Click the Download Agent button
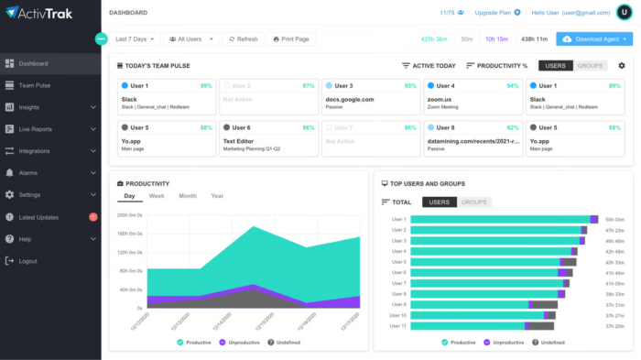pos(593,39)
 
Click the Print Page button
pos(290,39)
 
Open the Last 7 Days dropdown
pos(136,39)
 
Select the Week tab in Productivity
pos(157,196)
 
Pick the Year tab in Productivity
pos(217,196)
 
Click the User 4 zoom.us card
pos(473,96)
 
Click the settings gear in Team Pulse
pos(622,66)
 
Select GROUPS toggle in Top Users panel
pos(473,202)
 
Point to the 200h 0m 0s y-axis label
pos(129,215)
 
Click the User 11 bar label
pos(397,325)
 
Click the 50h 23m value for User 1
pos(614,220)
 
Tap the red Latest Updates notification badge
pos(93,217)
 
